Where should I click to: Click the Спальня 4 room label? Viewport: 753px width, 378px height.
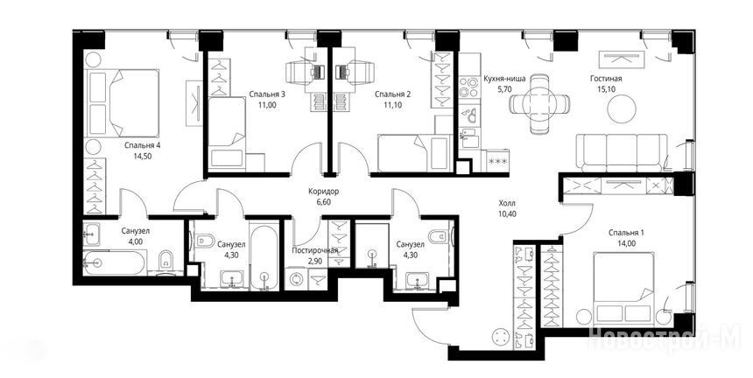click(x=142, y=146)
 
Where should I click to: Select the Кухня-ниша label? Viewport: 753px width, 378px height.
click(x=504, y=79)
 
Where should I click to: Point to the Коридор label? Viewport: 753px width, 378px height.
click(x=324, y=192)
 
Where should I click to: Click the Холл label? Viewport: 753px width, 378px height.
click(x=507, y=203)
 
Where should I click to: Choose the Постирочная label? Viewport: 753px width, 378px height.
click(x=315, y=250)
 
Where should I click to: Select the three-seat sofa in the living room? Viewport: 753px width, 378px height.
click(x=623, y=152)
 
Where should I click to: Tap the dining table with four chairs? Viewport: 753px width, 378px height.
click(x=539, y=103)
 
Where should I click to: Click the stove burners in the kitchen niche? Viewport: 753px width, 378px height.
click(x=468, y=87)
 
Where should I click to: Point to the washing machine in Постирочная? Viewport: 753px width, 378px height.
click(x=296, y=279)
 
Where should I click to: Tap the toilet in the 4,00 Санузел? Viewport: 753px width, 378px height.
click(x=165, y=261)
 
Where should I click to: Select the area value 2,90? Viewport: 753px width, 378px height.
click(x=315, y=260)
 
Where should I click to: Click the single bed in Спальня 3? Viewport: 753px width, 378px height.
click(x=227, y=132)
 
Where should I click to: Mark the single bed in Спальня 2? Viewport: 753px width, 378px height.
click(x=402, y=152)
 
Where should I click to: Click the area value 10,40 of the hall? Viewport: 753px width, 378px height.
click(x=507, y=214)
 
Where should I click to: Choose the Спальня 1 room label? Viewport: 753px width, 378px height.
click(x=626, y=233)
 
